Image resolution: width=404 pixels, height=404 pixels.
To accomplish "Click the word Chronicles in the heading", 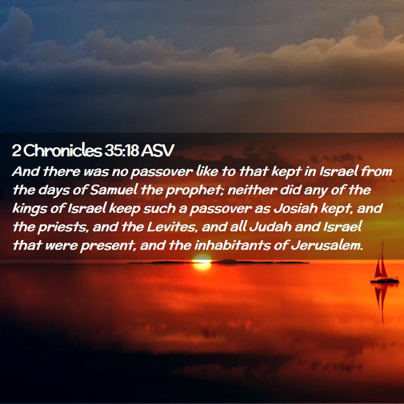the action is click(x=63, y=151).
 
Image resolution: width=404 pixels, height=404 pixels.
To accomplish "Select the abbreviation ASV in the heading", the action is click(x=158, y=151).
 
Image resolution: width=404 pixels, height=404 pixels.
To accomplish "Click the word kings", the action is click(x=29, y=209).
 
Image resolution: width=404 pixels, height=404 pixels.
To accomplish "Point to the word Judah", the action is click(x=271, y=227).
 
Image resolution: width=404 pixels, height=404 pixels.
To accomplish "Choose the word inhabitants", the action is click(x=233, y=245).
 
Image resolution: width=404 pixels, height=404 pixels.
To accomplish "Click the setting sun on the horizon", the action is click(x=202, y=262).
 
